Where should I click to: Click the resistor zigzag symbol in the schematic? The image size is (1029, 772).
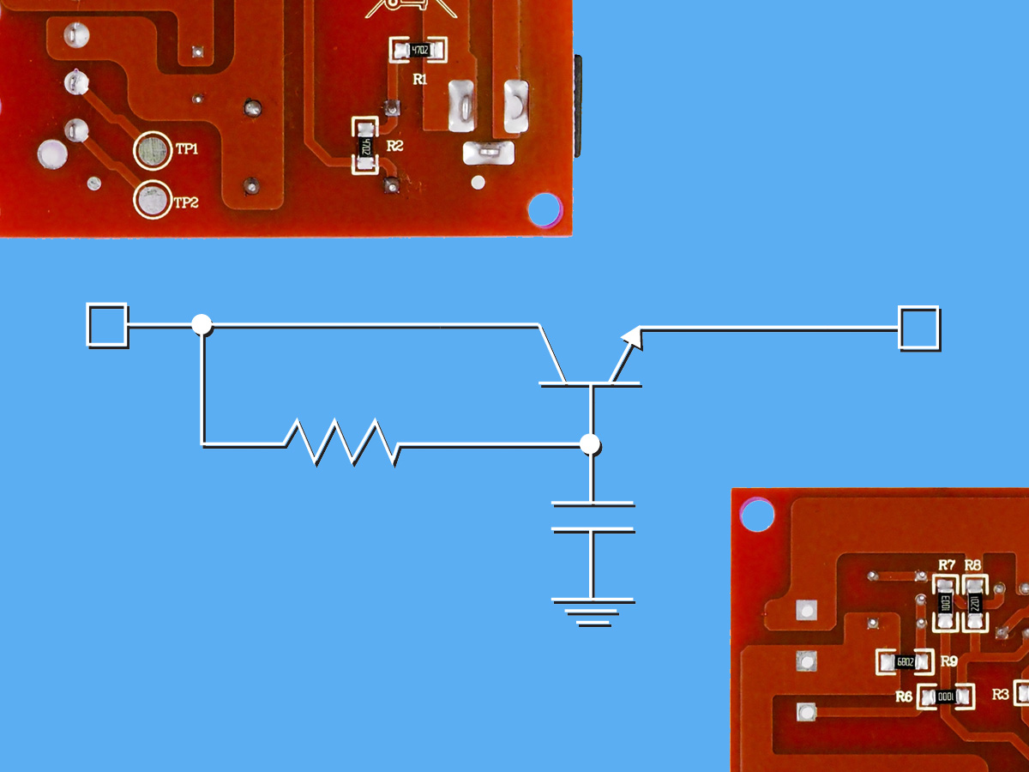[x=340, y=442]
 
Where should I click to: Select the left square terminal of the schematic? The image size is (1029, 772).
[x=107, y=325]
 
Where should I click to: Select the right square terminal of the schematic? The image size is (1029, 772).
[x=918, y=328]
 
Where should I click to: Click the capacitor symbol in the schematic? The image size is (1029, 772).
[x=593, y=516]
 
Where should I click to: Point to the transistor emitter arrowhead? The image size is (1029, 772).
[x=632, y=335]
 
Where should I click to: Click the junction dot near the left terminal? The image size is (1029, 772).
[x=201, y=324]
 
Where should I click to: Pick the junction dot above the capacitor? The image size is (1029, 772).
[x=589, y=444]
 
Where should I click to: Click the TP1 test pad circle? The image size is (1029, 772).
[x=152, y=150]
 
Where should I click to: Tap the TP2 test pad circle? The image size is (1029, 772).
[x=152, y=201]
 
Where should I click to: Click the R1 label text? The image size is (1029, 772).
[x=419, y=79]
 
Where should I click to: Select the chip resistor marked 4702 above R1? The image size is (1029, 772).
[x=418, y=51]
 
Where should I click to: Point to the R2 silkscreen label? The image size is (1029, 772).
[x=394, y=147]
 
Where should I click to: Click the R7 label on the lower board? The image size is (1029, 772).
[x=947, y=564]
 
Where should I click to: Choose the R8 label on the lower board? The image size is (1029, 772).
[x=972, y=564]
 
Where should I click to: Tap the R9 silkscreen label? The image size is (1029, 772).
[x=948, y=660]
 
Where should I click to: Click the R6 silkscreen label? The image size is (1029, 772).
[x=904, y=697]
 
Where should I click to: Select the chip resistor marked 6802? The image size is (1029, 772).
[x=904, y=662]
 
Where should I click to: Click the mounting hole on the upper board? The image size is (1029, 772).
[x=543, y=208]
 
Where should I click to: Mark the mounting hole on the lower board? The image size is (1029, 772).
[x=756, y=515]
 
